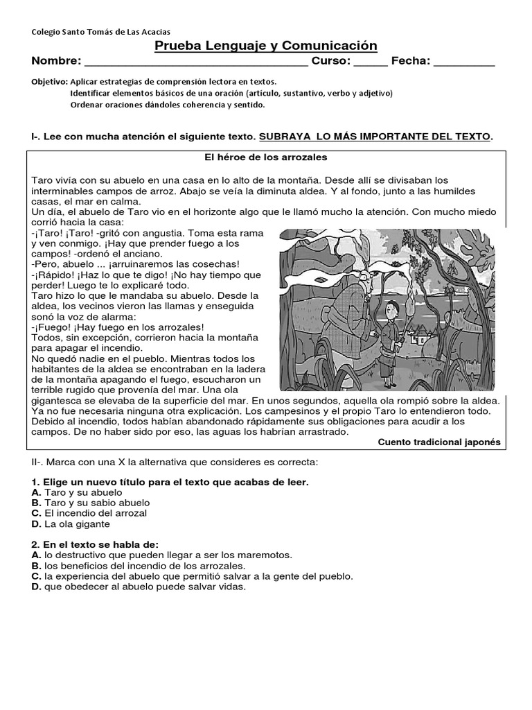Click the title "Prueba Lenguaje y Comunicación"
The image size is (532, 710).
pyautogui.click(x=265, y=46)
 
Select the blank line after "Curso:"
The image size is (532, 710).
pyautogui.click(x=371, y=62)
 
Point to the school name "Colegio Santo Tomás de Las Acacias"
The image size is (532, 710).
pyautogui.click(x=101, y=31)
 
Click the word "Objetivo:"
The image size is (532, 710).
pyautogui.click(x=49, y=81)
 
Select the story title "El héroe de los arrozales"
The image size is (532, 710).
pyautogui.click(x=266, y=157)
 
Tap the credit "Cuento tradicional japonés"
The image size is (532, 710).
pyautogui.click(x=438, y=442)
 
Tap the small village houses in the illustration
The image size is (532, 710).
pyautogui.click(x=420, y=338)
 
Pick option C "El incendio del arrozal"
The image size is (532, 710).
pyautogui.click(x=89, y=513)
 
